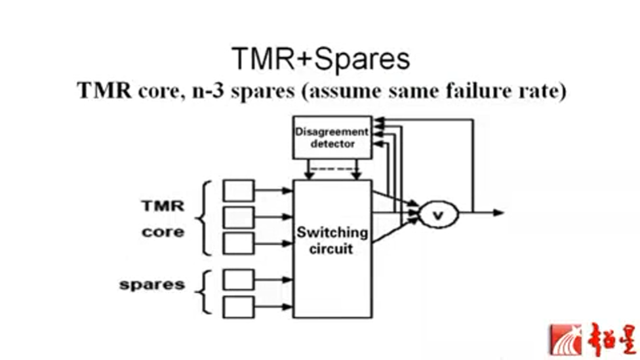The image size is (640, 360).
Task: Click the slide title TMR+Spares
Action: click(320, 60)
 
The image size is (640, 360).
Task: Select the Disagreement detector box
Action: click(332, 138)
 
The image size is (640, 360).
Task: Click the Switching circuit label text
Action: click(332, 241)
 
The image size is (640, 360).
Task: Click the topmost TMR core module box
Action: click(238, 190)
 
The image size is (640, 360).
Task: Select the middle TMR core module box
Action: click(238, 216)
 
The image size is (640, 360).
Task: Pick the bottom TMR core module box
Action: click(238, 243)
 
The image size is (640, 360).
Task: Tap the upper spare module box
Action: click(238, 279)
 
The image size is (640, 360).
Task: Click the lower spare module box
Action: click(238, 306)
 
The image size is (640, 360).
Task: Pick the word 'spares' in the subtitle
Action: click(263, 91)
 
